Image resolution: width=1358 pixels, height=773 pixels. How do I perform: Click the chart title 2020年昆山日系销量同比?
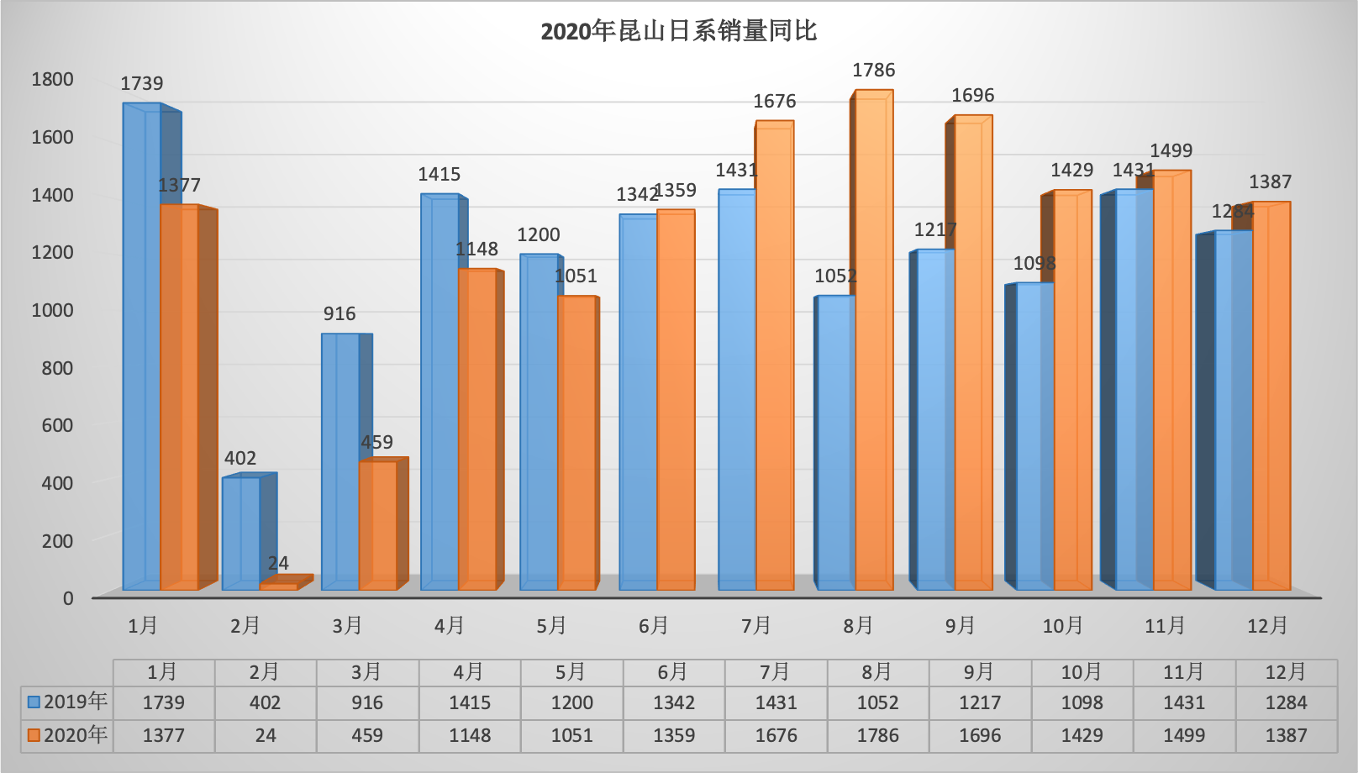pos(678,32)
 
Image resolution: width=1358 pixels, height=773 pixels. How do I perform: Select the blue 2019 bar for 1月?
pos(141,344)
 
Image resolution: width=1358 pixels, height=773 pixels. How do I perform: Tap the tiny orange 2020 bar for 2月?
pos(279,586)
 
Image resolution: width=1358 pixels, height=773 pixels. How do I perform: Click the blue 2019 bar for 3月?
pos(339,462)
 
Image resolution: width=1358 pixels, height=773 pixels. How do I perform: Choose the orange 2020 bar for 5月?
pos(576,444)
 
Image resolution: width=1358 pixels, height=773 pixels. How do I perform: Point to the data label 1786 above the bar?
pos(873,71)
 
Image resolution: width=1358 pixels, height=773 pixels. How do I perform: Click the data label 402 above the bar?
pos(240,459)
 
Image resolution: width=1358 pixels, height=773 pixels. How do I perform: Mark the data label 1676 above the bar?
pos(774,102)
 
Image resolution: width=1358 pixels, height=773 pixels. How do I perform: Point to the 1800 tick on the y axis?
pos(52,80)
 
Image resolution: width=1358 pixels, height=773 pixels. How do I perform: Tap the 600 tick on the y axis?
pos(57,425)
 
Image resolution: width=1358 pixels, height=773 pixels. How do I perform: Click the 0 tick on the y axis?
pos(68,598)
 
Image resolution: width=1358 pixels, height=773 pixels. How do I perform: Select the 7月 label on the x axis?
pos(756,626)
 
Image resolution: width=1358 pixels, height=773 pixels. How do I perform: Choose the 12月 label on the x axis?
pos(1267,626)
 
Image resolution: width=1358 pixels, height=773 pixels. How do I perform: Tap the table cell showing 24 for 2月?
pos(266,736)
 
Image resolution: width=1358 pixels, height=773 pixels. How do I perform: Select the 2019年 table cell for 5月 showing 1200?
pos(571,703)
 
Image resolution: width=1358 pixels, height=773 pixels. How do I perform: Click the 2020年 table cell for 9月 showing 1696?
pos(980,736)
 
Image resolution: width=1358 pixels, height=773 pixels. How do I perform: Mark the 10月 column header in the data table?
pos(1082,672)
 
